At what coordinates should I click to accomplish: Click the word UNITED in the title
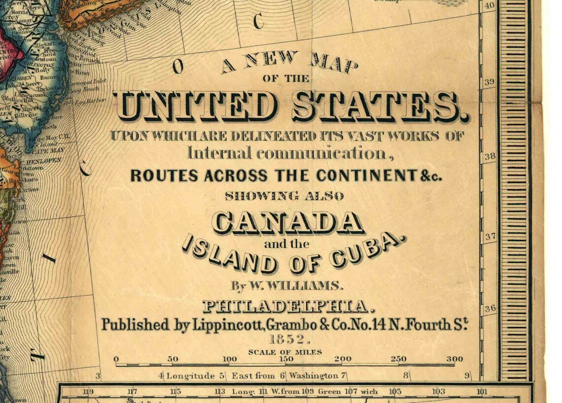pos(195,107)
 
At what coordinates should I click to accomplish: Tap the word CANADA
pos(288,223)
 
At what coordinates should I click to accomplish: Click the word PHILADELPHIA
pos(286,307)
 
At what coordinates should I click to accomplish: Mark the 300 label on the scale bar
pos(455,359)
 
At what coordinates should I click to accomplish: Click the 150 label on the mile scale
pos(286,359)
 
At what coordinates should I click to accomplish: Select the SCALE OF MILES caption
pos(285,352)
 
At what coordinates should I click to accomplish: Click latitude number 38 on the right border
pos(490,157)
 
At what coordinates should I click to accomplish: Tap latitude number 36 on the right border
pos(490,309)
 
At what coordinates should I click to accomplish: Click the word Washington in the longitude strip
pos(314,376)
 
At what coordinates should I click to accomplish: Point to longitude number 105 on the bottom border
pos(395,392)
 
